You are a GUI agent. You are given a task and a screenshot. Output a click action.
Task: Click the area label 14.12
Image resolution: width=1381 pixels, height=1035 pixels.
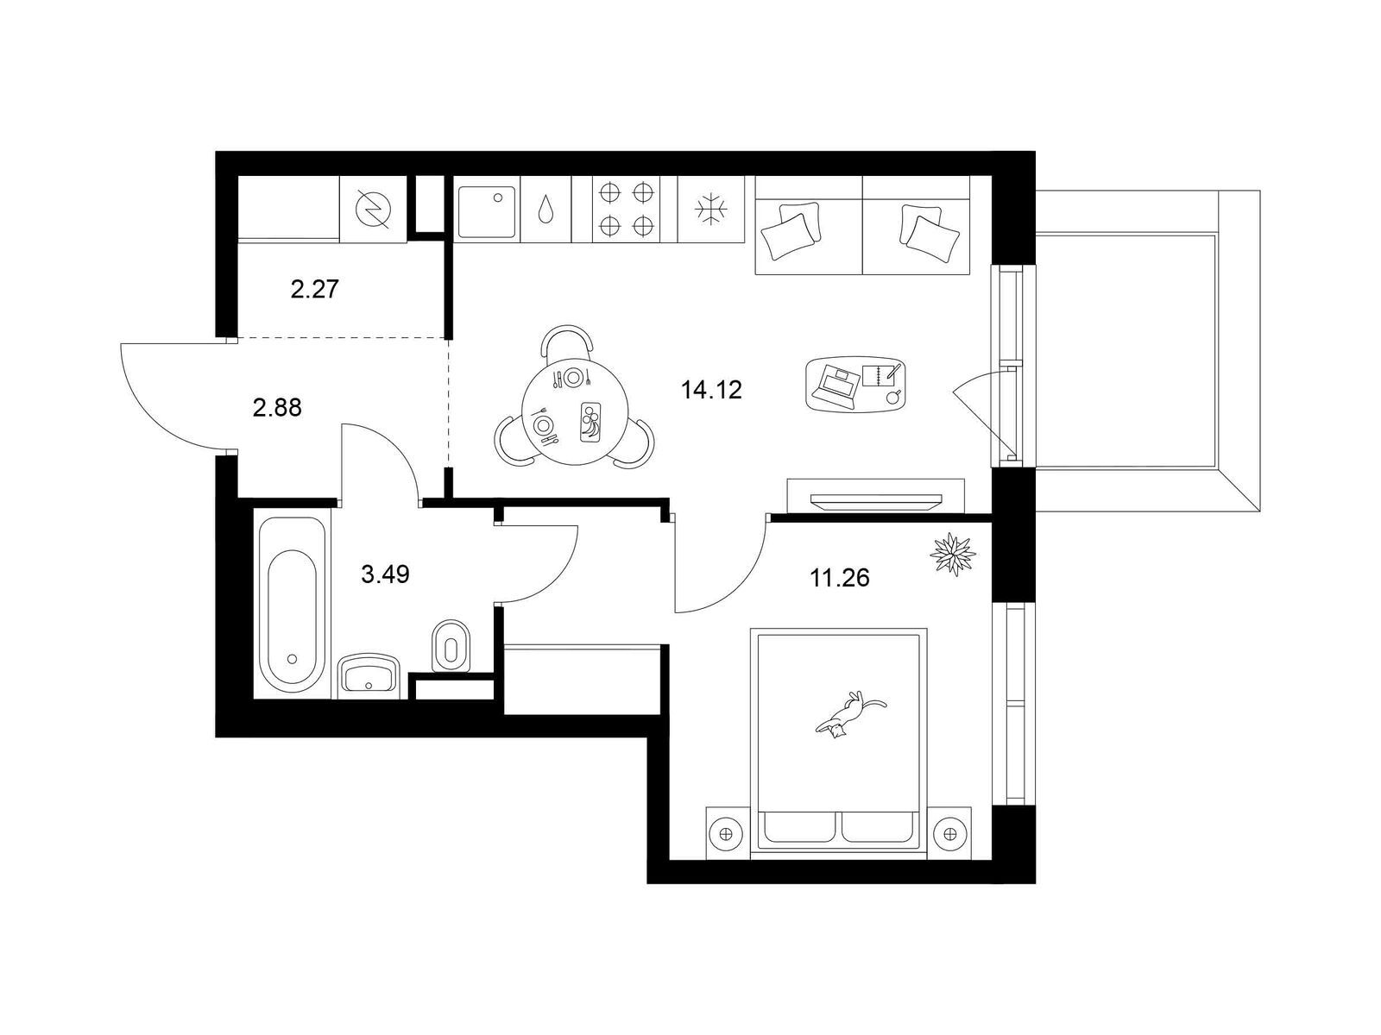711,390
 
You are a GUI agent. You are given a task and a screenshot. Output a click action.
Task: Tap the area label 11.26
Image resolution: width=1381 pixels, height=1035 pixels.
839,578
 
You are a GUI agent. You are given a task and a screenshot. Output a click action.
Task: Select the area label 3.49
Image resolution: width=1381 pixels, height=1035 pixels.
385,573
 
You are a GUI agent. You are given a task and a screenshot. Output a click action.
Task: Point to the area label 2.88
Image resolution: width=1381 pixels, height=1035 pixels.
277,408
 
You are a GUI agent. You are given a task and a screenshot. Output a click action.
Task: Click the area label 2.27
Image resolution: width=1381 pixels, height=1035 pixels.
314,290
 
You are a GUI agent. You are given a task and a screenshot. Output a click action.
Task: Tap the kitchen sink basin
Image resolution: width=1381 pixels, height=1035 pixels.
486,212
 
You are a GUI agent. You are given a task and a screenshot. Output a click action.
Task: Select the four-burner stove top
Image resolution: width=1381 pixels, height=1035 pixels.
626,209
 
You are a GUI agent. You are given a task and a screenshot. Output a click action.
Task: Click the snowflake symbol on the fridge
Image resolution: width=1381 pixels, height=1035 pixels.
711,209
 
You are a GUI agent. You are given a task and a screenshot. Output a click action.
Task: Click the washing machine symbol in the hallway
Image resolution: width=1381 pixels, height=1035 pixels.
373,209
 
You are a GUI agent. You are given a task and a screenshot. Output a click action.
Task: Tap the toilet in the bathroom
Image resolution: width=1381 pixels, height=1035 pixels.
451,647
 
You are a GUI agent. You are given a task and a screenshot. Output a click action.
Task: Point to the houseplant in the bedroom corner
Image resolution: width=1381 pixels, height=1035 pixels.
953,554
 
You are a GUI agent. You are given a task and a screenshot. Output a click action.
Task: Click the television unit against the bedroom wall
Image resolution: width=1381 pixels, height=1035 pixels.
876,497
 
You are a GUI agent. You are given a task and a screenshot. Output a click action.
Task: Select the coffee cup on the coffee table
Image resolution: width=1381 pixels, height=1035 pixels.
894,396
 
